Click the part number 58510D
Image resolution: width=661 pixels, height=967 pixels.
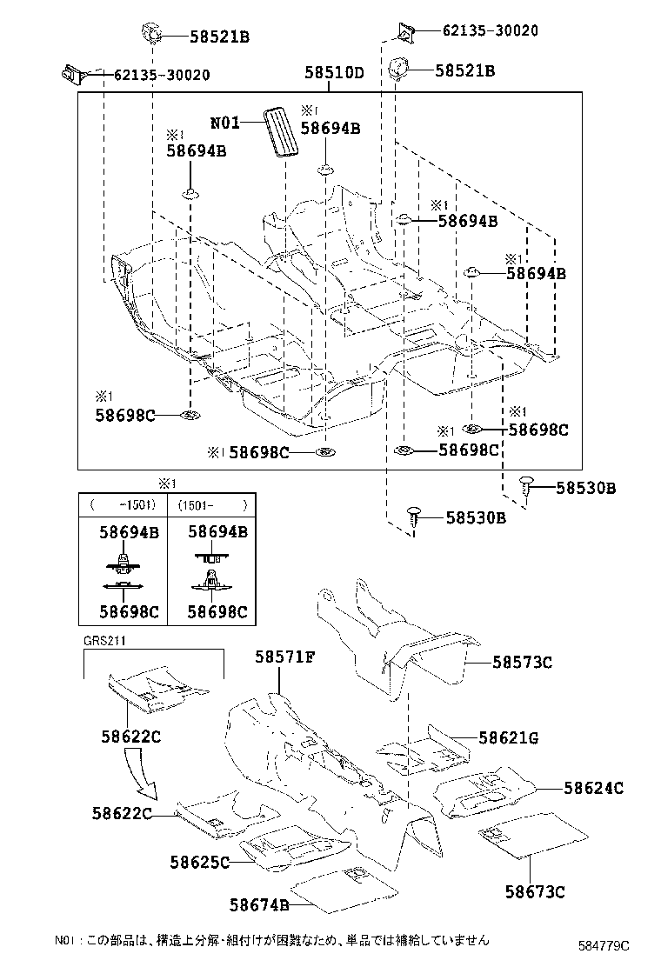point(334,74)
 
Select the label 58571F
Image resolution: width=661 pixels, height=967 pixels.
point(284,657)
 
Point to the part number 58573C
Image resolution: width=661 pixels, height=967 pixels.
point(523,663)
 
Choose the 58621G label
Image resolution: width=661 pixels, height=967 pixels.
point(509,739)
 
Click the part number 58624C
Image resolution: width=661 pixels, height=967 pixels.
point(593,789)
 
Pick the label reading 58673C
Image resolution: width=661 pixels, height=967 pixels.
point(536,891)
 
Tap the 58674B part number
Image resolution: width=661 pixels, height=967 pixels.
point(260,905)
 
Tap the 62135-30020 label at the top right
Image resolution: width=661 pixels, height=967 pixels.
point(490,30)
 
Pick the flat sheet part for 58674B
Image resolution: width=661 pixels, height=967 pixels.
point(343,884)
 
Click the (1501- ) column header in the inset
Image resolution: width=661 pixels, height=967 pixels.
point(212,504)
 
